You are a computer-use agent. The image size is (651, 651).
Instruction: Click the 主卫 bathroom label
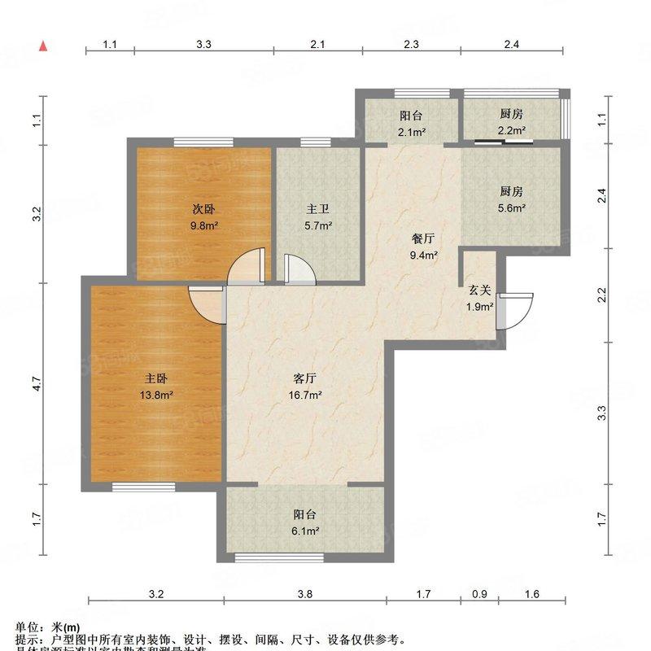click(x=318, y=209)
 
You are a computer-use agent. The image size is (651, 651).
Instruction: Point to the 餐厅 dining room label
click(x=423, y=239)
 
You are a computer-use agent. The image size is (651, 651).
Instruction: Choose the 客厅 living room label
click(x=305, y=378)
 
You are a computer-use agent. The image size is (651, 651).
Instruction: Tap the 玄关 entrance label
click(x=479, y=291)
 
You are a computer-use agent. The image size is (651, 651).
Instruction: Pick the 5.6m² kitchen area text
click(x=511, y=208)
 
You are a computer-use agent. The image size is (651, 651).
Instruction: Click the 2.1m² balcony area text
click(x=412, y=130)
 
